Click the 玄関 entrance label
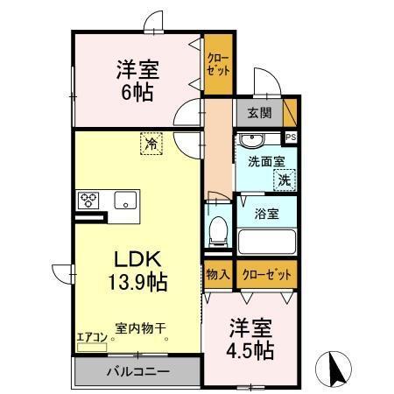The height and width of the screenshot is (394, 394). pyautogui.click(x=258, y=112)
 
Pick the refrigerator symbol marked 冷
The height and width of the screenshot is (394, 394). pyautogui.click(x=151, y=142)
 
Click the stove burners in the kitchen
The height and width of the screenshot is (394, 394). pyautogui.click(x=90, y=198)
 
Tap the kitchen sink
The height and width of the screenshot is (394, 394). pyautogui.click(x=123, y=199)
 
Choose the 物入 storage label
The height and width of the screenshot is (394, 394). pyautogui.click(x=218, y=275)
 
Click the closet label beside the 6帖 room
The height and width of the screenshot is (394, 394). pyautogui.click(x=217, y=65)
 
